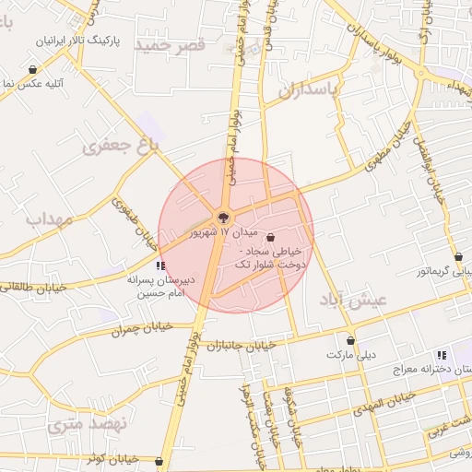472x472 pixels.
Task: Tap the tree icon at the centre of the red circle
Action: point(224,218)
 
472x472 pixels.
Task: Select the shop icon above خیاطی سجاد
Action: point(270,238)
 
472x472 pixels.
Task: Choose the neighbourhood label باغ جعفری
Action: point(121,145)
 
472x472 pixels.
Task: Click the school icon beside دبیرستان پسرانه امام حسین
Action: point(162,265)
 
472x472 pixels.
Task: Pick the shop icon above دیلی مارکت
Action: point(350,340)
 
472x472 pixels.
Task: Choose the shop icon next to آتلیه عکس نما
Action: point(33,70)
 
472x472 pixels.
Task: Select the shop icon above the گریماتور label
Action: point(459,256)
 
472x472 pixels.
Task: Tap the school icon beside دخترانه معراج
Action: point(442,355)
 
